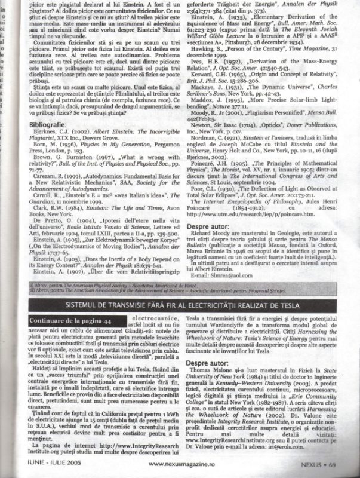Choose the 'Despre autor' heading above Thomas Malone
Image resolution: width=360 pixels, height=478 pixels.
click(x=210, y=363)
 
